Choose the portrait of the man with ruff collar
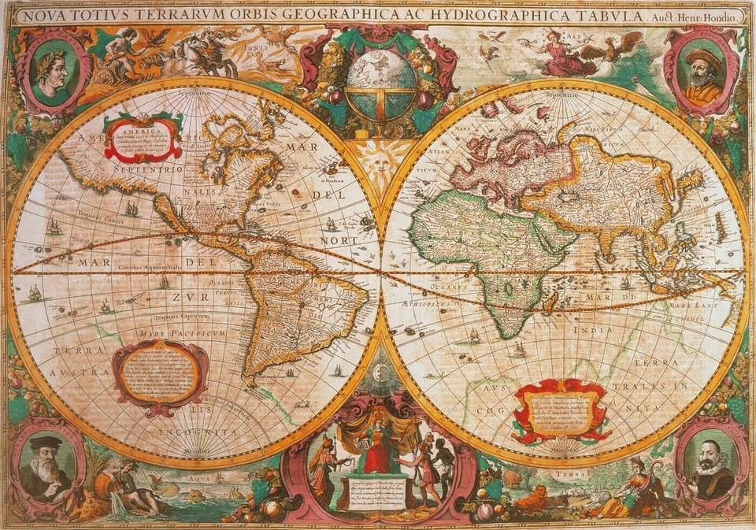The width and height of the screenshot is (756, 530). (710, 465)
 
